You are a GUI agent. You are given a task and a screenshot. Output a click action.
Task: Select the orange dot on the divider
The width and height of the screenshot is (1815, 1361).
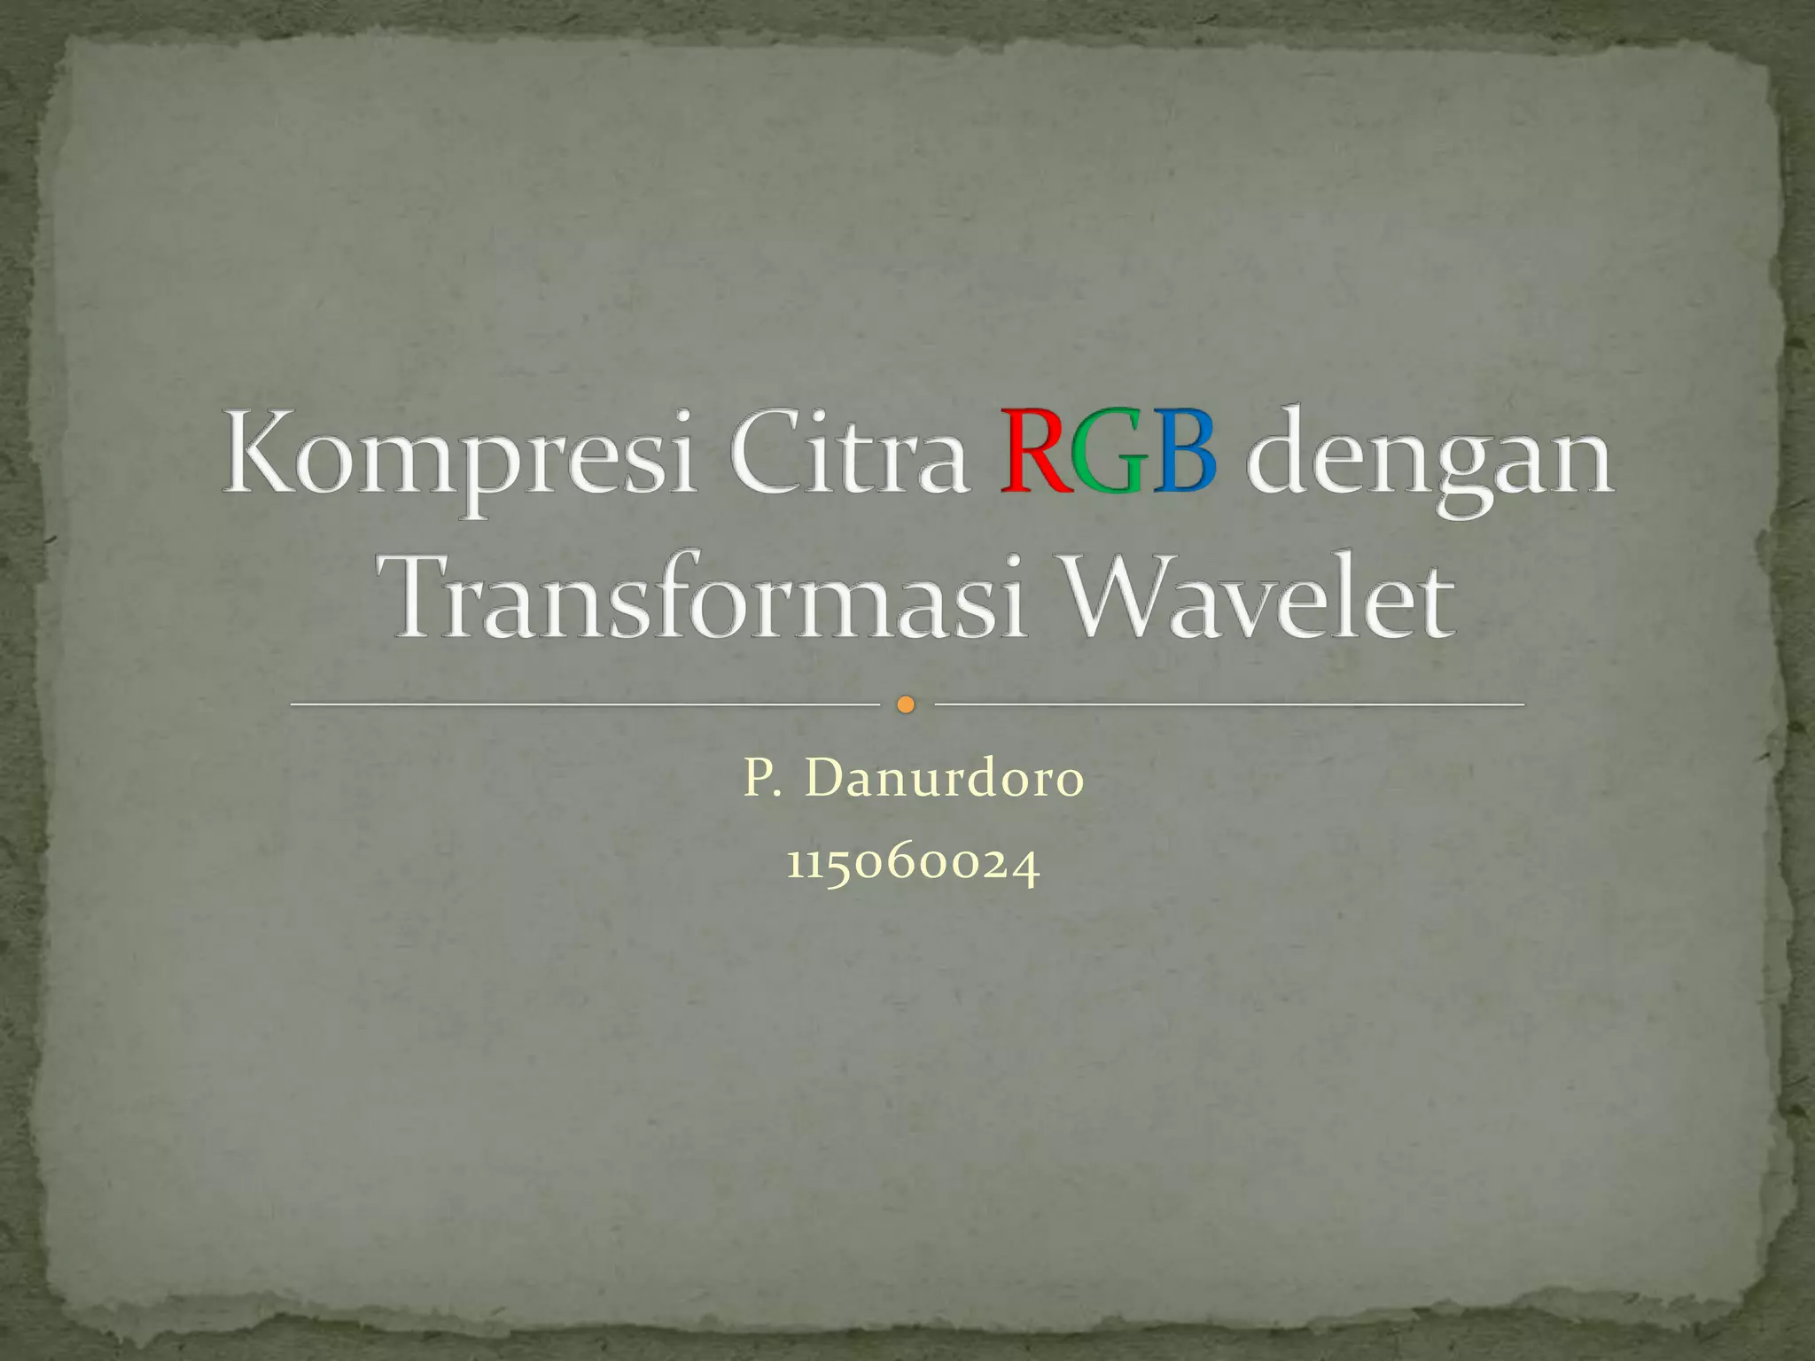pyautogui.click(x=905, y=705)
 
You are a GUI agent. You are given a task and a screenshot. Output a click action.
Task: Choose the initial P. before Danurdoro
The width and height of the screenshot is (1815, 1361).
pyautogui.click(x=760, y=779)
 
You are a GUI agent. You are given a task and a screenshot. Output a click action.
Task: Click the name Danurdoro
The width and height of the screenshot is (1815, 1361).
pyautogui.click(x=943, y=779)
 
